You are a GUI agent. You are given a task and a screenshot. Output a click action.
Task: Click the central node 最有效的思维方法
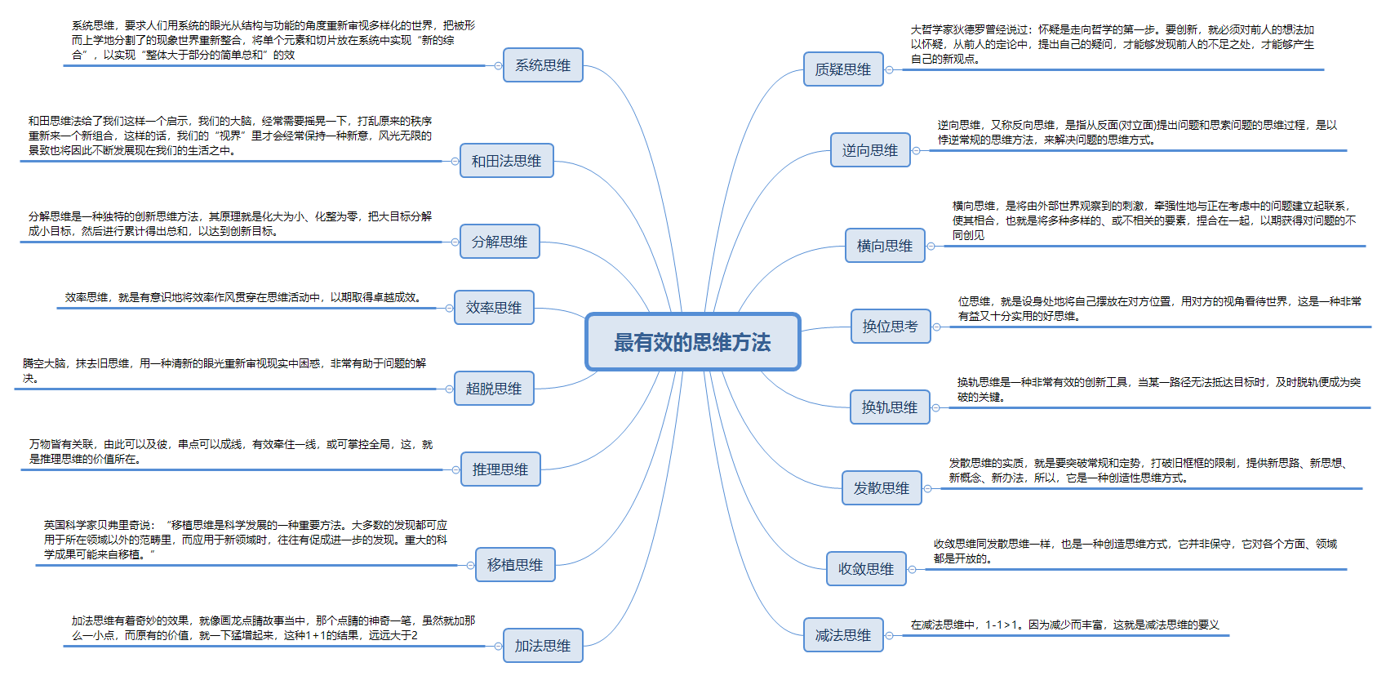pyautogui.click(x=692, y=342)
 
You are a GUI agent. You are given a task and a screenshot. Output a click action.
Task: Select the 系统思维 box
pyautogui.click(x=543, y=65)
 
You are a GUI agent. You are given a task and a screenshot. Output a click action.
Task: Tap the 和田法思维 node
pyautogui.click(x=506, y=161)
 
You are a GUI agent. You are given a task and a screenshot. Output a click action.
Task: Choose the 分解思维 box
pyautogui.click(x=500, y=242)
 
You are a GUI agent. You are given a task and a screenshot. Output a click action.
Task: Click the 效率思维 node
pyautogui.click(x=494, y=308)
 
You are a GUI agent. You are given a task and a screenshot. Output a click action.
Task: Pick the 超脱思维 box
pyautogui.click(x=494, y=389)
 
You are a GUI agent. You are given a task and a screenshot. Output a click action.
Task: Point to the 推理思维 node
pyautogui.click(x=500, y=469)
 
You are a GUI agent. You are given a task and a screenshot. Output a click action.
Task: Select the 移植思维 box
pyautogui.click(x=515, y=565)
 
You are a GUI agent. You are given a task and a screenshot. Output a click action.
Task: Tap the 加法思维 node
pyautogui.click(x=543, y=646)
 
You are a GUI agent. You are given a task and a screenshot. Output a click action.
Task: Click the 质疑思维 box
pyautogui.click(x=843, y=69)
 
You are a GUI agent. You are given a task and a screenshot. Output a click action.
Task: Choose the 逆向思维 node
pyautogui.click(x=870, y=150)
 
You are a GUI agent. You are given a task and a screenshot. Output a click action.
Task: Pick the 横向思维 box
pyautogui.click(x=885, y=246)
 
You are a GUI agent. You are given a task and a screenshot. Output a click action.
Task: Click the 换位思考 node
pyautogui.click(x=891, y=327)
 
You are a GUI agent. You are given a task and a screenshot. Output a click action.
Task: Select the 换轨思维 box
pyautogui.click(x=890, y=407)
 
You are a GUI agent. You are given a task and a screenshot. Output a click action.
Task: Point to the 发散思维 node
pyautogui.click(x=882, y=488)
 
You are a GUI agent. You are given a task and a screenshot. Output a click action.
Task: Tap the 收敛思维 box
pyautogui.click(x=866, y=569)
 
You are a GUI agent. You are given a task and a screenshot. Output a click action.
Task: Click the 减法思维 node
pyautogui.click(x=843, y=635)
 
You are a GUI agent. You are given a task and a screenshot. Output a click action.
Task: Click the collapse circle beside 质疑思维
pyautogui.click(x=890, y=69)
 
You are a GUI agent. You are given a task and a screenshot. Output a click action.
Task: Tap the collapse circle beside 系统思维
pyautogui.click(x=498, y=65)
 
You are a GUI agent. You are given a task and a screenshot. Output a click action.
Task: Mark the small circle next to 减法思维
pyautogui.click(x=890, y=635)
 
